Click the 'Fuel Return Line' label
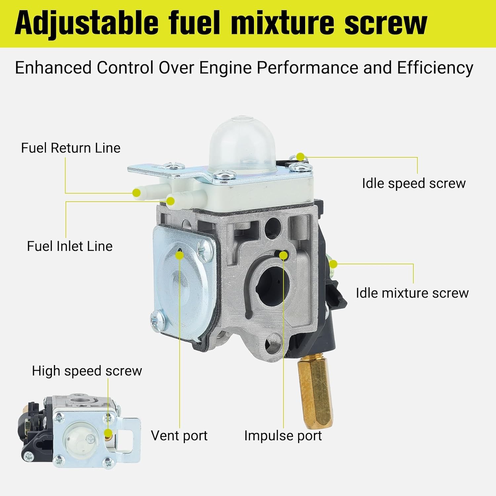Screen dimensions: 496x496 point(70,148)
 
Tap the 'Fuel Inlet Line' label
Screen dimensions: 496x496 point(69,246)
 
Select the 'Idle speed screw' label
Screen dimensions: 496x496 point(414,183)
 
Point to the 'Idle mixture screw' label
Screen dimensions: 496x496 point(412,293)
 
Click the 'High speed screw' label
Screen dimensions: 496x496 point(87,371)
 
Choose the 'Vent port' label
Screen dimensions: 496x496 point(179,436)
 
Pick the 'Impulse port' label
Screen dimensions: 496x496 point(283,436)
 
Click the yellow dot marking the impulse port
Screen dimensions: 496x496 point(283,255)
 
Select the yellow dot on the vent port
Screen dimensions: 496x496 point(180,255)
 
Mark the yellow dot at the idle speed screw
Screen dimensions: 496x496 point(300,156)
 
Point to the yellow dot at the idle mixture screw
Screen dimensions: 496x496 point(333,264)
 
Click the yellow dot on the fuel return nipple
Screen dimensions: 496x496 point(137,193)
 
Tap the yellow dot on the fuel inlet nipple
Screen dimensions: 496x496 point(171,201)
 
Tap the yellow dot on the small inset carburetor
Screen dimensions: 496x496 point(108,433)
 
